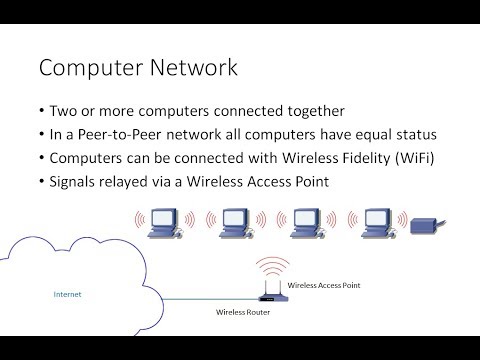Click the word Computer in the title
coord(88,68)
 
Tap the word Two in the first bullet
coord(64,110)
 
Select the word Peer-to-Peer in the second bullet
coord(111,133)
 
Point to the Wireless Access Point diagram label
coord(324,286)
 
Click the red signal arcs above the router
coord(267,266)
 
